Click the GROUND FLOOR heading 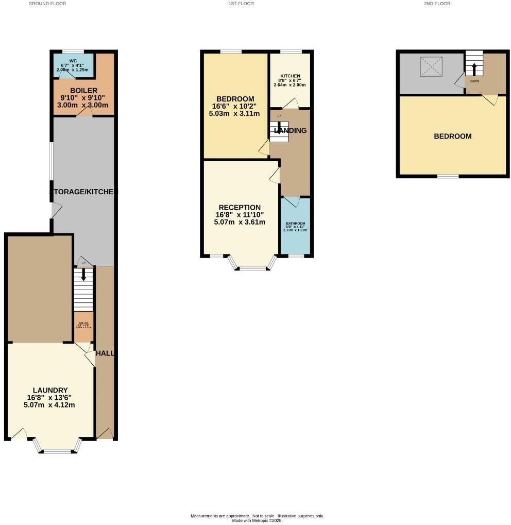click(47, 4)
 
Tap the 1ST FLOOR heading click(241, 4)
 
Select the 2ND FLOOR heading click(437, 4)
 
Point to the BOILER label click(84, 91)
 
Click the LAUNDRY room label click(50, 390)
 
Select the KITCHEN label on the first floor click(290, 76)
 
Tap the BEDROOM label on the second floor click(453, 137)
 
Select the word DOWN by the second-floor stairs click(474, 81)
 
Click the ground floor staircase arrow click(83, 275)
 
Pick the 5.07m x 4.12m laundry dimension click(50, 404)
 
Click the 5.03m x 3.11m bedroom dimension click(235, 114)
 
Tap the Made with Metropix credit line click(257, 520)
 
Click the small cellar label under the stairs click(84, 325)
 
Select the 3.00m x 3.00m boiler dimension click(84, 105)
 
